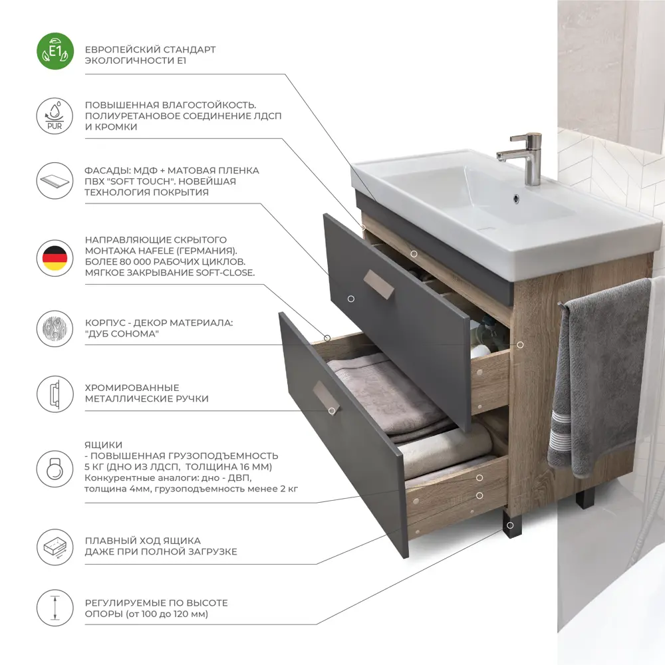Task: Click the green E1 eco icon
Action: tap(55, 51)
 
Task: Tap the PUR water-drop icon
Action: tap(55, 116)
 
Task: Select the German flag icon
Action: tap(55, 258)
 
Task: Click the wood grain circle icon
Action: tap(55, 329)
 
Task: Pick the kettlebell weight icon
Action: tap(55, 469)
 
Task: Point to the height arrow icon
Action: tap(55, 608)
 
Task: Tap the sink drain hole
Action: tap(516, 198)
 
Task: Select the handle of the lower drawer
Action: tap(326, 398)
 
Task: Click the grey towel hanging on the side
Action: tap(600, 378)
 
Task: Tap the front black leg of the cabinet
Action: tap(509, 523)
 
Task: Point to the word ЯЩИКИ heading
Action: tap(103, 445)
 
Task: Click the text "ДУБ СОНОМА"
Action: tap(122, 334)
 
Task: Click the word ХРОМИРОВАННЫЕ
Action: tap(132, 388)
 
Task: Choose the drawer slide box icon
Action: tap(55, 547)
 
